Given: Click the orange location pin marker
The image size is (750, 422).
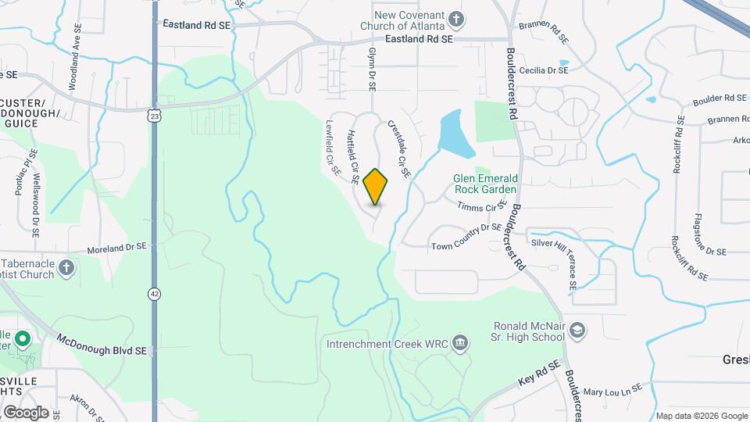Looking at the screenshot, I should coord(376,186).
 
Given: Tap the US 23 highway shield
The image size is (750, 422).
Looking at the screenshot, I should coord(155,116).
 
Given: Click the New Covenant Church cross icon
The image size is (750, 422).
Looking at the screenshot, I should coord(456,19).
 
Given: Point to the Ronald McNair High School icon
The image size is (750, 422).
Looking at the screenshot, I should coord(577,331).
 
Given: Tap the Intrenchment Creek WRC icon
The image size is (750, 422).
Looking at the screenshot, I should coord(460,343).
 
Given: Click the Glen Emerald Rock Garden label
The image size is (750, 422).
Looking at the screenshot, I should coord(485,184).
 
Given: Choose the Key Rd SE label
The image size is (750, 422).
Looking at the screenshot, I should coord(539,376).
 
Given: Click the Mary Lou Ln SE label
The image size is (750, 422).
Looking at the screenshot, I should coord(612,389).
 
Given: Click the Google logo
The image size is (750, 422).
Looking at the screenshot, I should coord(26,412).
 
